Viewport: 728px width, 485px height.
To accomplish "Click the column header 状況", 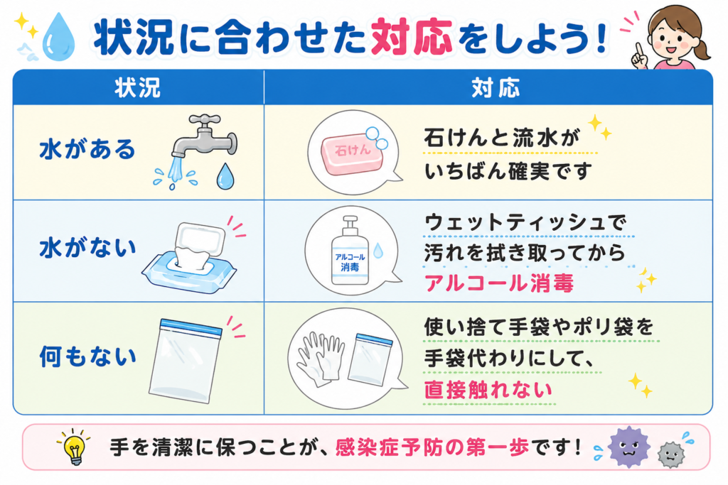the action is [x=137, y=87].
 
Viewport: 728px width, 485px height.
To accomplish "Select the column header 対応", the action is [x=496, y=87].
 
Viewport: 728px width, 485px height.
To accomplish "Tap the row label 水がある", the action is [x=87, y=149].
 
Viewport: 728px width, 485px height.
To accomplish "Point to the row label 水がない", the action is [x=87, y=248].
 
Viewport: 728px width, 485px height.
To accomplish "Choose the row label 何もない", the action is [x=87, y=356].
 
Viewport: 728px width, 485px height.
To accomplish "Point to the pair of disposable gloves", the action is [x=321, y=359].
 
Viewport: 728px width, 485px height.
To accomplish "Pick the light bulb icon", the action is [x=74, y=447].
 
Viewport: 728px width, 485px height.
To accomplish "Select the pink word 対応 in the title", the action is [x=412, y=37].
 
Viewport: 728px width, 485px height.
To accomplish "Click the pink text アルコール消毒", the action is [x=499, y=283].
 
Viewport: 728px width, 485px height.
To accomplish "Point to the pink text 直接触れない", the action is [x=488, y=390].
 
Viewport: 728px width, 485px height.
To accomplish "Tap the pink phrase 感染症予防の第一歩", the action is [x=432, y=447].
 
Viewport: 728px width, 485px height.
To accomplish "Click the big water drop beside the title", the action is [x=58, y=37].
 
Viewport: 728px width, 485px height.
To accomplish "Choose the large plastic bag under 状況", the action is [x=186, y=360].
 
